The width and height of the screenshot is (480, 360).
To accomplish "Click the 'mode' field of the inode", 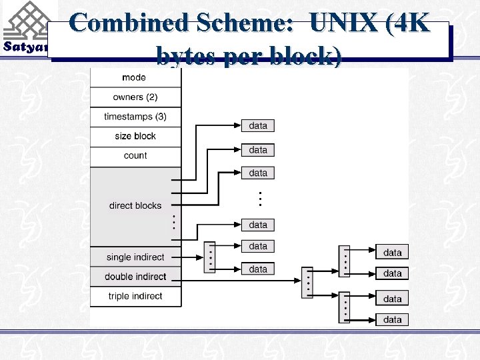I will coord(135,78).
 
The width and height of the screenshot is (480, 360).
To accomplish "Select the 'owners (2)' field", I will coord(135,97).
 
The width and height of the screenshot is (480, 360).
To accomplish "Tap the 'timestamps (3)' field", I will coord(135,117).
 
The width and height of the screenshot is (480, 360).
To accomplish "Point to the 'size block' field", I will coord(135,136).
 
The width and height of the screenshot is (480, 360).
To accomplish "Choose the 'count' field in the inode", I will coord(135,155).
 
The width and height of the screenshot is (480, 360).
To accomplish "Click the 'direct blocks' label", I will coord(135,205).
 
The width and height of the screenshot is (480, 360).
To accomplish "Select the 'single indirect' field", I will coord(135,257).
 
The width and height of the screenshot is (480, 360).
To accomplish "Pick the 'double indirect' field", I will coord(135,277).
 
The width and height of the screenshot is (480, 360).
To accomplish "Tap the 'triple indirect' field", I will coord(135,296).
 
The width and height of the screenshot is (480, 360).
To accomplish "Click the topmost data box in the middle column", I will coord(258,125).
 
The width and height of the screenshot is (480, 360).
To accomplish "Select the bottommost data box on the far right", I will coord(393,319).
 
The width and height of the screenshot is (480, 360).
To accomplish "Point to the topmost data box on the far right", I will coord(393,253).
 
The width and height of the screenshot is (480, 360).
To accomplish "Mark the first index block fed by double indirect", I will coord(307,282).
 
